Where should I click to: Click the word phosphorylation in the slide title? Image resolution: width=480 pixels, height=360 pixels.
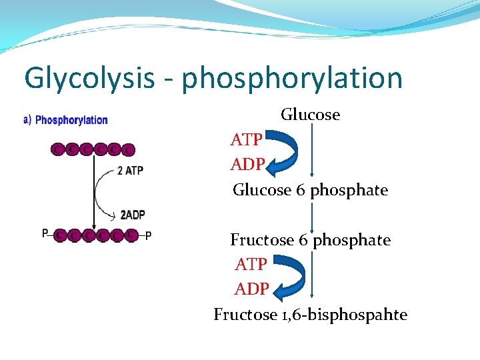292,79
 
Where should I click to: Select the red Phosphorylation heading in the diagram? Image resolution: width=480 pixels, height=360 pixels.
71,120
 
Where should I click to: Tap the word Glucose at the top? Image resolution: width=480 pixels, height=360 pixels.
310,115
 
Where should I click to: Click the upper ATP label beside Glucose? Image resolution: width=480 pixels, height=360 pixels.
246,140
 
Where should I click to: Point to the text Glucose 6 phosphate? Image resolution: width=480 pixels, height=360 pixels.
310,190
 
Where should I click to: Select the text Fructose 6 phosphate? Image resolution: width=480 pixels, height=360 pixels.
310,239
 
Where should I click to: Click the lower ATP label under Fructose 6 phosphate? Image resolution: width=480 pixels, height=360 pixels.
251,265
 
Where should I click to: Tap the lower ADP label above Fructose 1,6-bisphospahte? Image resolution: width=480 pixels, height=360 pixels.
251,289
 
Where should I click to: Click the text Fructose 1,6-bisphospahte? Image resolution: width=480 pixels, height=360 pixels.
310,315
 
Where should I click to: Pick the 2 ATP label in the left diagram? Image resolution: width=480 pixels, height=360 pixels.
130,171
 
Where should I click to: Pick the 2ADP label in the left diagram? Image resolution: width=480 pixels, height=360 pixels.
133,215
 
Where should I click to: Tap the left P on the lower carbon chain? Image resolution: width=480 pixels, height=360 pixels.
45,233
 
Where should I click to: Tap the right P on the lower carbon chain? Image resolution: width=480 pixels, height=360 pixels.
148,235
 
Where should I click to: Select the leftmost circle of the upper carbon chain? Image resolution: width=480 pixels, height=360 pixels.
58,149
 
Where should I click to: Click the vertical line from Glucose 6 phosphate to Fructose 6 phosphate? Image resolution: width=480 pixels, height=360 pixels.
311,215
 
